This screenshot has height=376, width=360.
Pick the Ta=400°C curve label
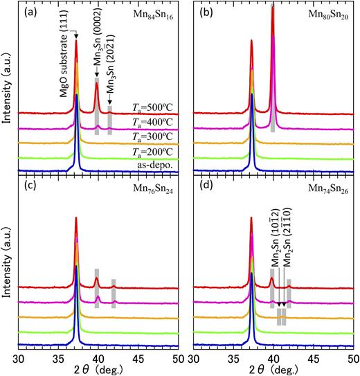point(151,122)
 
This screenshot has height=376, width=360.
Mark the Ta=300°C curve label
point(151,136)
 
